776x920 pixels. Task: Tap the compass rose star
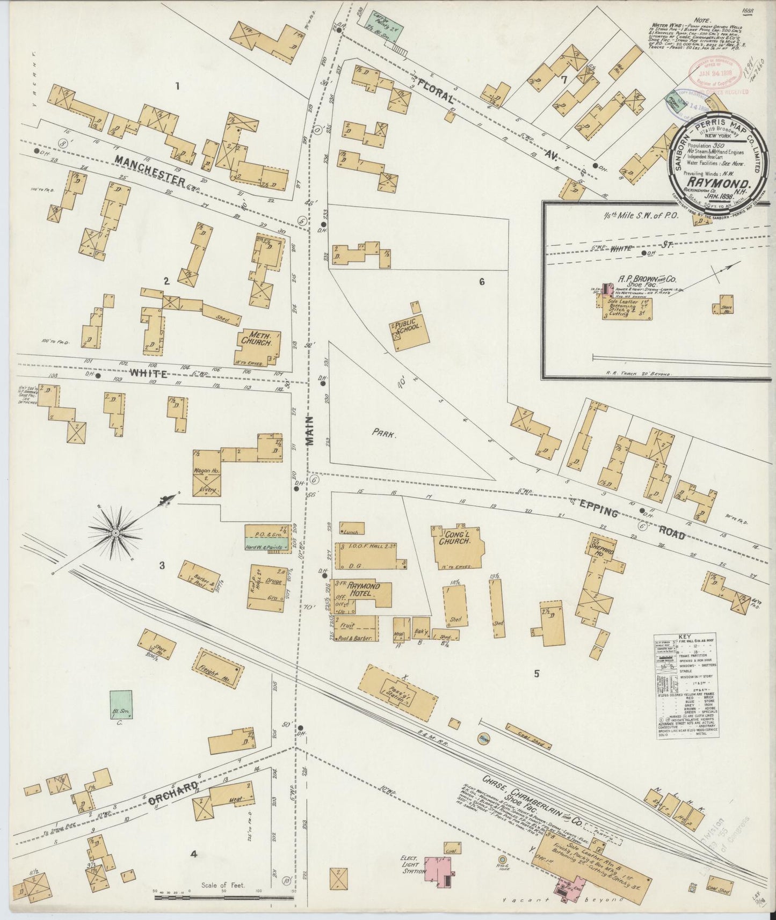pos(115,532)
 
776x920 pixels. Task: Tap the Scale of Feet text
pos(223,885)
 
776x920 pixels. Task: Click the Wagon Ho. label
pos(205,471)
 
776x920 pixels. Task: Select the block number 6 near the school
pos(482,281)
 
